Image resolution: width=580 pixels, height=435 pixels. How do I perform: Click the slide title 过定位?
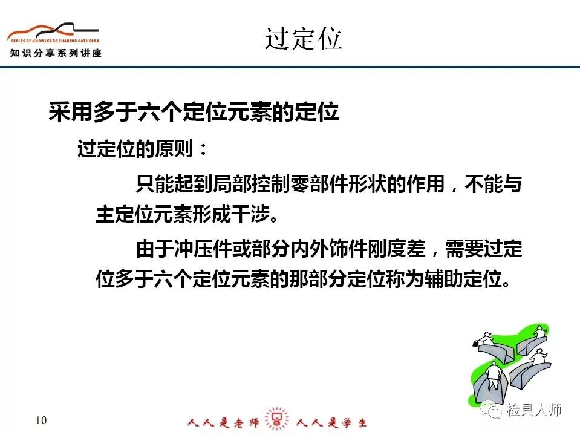pyautogui.click(x=303, y=39)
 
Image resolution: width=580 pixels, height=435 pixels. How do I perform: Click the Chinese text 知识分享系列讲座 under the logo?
pyautogui.click(x=56, y=53)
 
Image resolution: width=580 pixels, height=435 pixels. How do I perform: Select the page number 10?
pyautogui.click(x=41, y=420)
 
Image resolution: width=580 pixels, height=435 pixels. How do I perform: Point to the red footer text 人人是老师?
pyautogui.click(x=223, y=422)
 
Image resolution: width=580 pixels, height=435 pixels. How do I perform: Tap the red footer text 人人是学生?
pyautogui.click(x=331, y=422)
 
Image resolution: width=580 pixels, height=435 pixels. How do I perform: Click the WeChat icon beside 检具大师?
pyautogui.click(x=491, y=410)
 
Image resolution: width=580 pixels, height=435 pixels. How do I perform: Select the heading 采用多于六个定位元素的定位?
pyautogui.click(x=194, y=111)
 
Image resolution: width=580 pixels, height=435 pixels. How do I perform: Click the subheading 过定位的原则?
pyautogui.click(x=135, y=149)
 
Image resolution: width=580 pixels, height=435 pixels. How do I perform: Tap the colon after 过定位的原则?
pyautogui.click(x=203, y=150)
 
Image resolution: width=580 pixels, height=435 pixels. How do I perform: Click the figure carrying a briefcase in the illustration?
pyautogui.click(x=483, y=339)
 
